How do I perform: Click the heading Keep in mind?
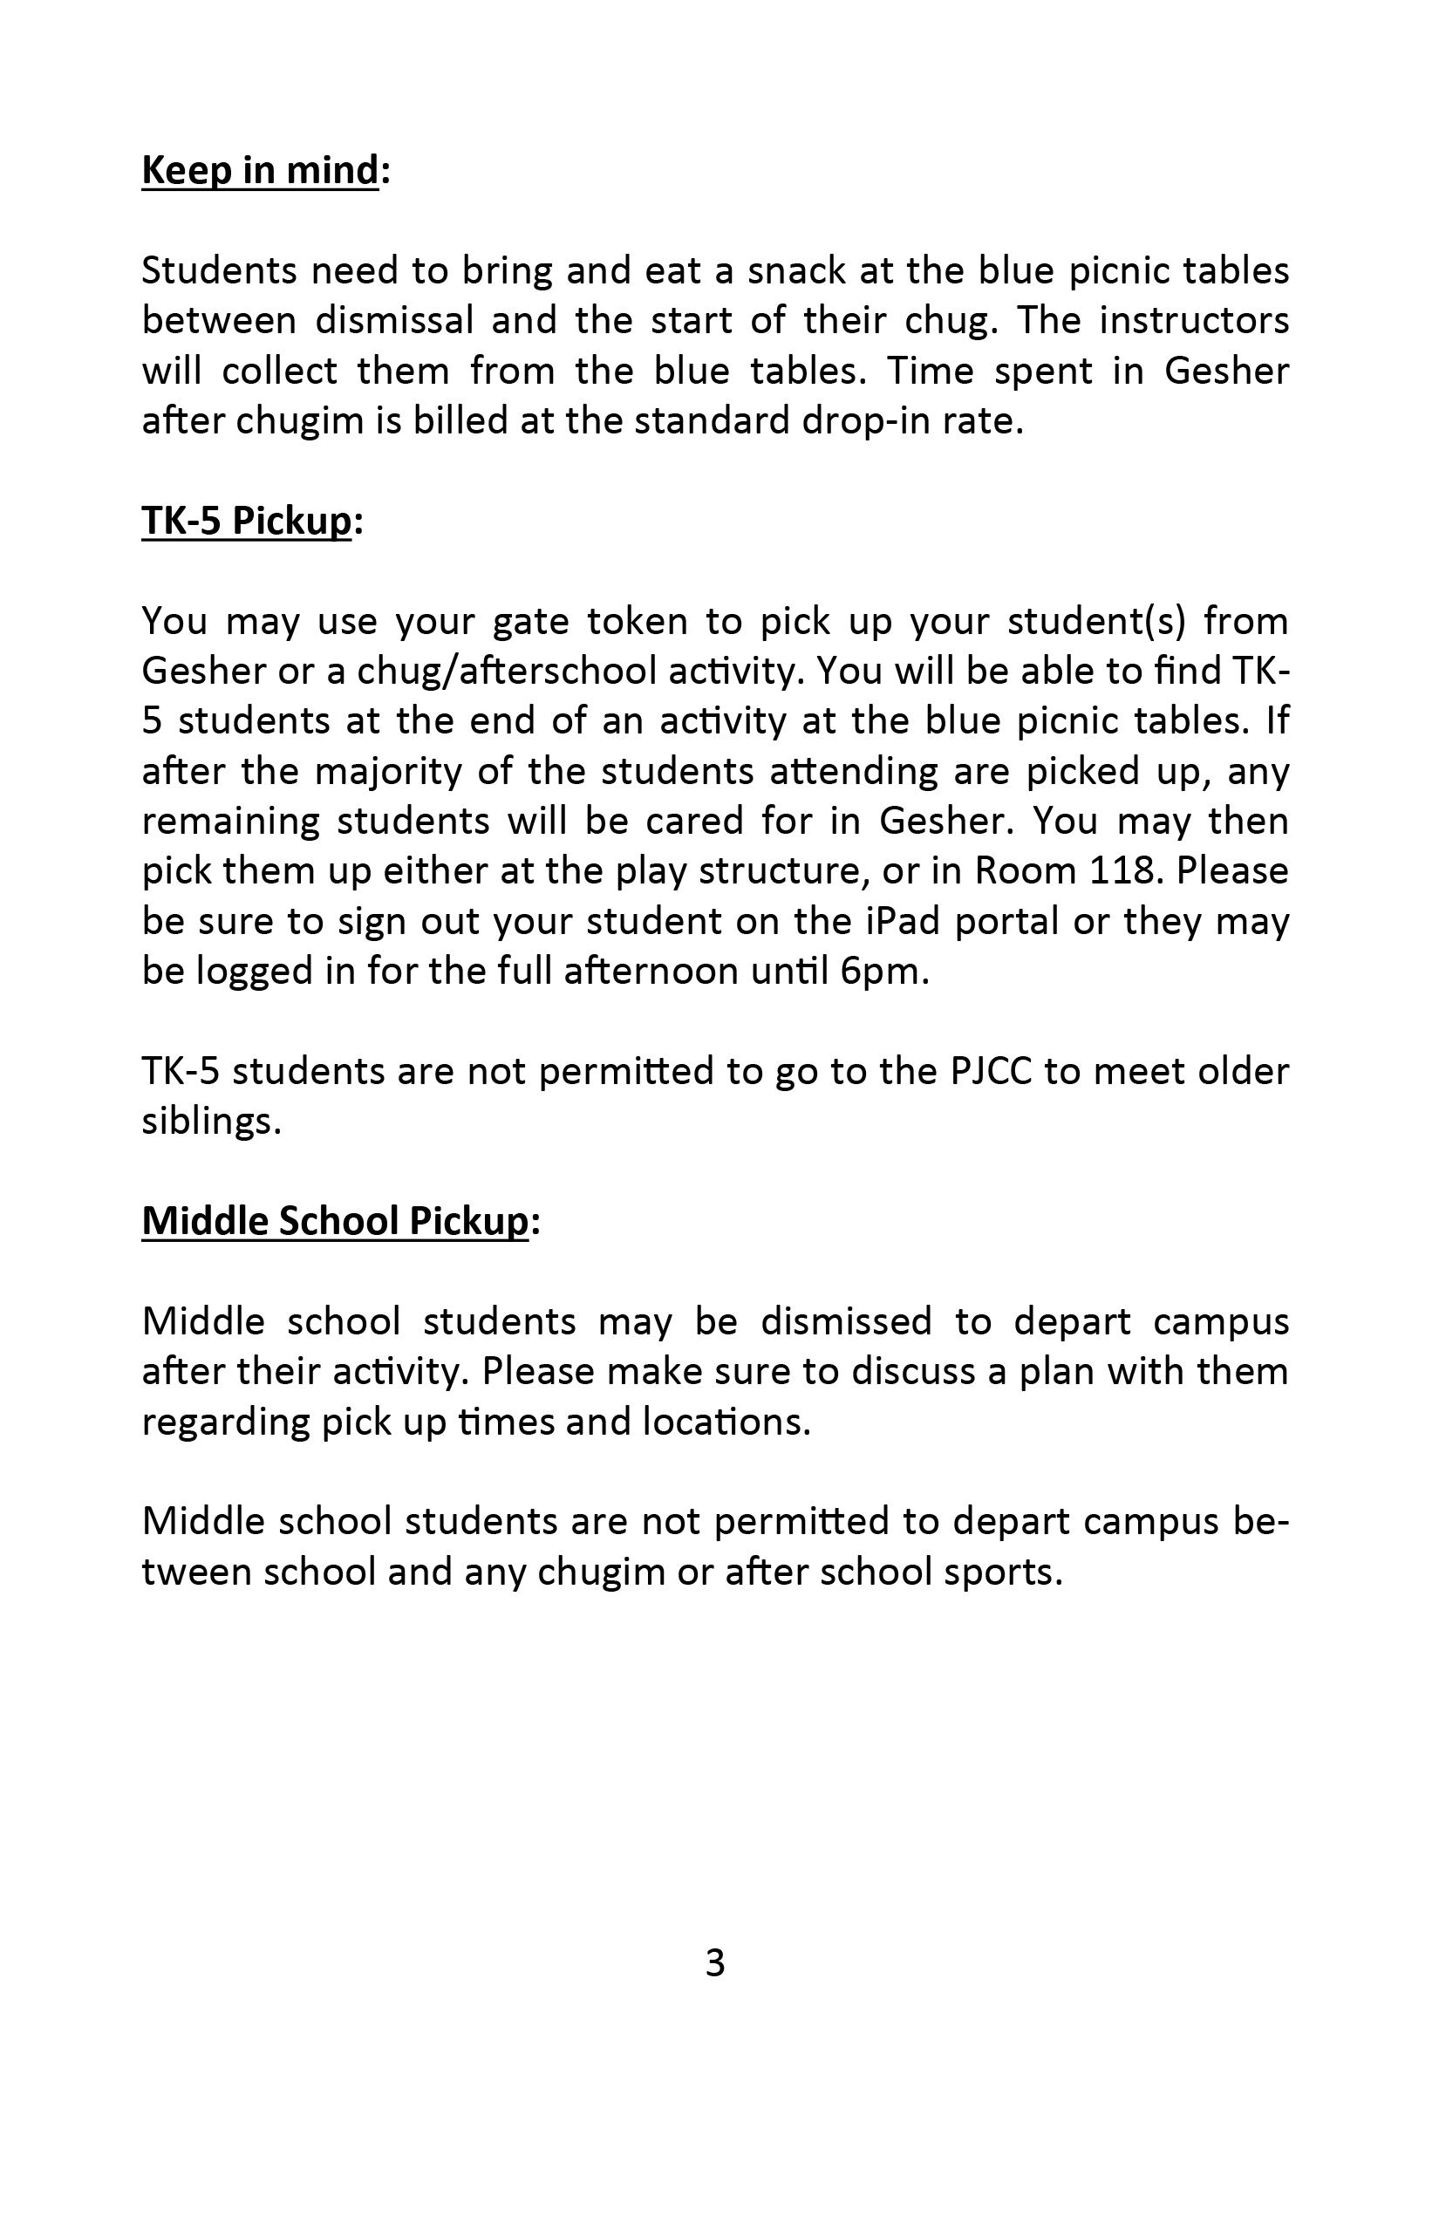click(x=261, y=170)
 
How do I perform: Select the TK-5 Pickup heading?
click(x=247, y=521)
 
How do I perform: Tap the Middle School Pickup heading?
click(x=336, y=1220)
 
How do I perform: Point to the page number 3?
click(x=715, y=1963)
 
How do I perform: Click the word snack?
click(x=795, y=271)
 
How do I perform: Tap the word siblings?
click(x=211, y=1122)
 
